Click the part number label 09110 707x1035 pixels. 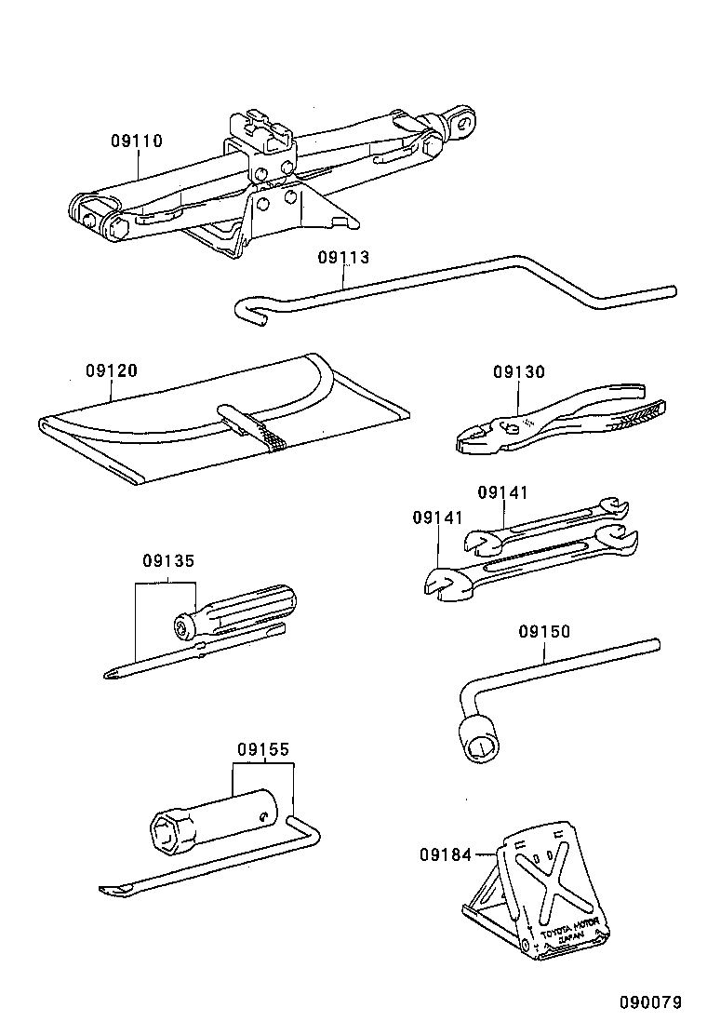pos(137,141)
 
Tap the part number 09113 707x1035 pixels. pos(343,258)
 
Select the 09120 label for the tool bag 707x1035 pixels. pos(112,370)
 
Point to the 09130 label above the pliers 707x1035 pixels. pos(519,372)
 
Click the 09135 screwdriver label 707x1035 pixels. pos(168,561)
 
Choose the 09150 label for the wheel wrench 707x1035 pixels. pos(544,632)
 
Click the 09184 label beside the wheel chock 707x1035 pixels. pos(445,854)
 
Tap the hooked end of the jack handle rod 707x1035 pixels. pos(247,308)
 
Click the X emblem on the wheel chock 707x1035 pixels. pos(550,878)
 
